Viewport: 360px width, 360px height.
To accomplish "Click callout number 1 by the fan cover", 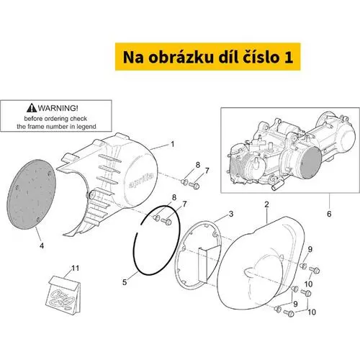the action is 173,144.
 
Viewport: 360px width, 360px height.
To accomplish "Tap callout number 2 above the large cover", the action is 266,204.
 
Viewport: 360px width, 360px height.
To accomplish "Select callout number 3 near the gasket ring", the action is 231,214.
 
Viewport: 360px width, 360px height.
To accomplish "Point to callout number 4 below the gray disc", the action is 42,246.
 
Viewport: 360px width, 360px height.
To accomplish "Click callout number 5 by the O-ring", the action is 125,282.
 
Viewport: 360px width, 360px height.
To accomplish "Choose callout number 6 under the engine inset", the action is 329,214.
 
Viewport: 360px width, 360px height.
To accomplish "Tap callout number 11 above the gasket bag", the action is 76,268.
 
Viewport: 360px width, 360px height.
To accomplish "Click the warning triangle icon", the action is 32,108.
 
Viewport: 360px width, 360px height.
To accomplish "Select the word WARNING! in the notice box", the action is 58,108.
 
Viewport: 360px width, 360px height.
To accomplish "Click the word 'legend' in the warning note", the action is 86,127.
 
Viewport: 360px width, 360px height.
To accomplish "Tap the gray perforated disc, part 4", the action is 31,194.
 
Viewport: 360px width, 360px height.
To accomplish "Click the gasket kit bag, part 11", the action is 63,294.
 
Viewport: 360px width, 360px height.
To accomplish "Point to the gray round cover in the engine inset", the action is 311,163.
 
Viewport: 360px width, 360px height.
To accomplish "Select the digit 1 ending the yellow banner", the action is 288,58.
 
